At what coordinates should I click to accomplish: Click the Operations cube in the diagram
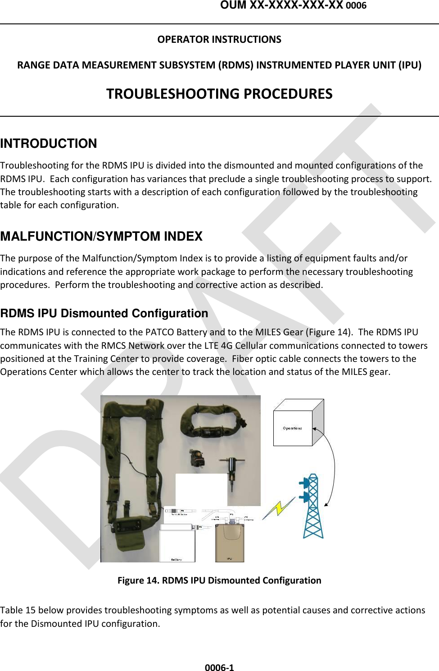coord(294,427)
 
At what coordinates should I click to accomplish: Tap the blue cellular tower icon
coord(312,507)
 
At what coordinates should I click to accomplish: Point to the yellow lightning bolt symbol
coord(279,508)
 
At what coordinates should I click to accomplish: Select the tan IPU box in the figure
coord(230,543)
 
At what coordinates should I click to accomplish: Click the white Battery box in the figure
coord(177,544)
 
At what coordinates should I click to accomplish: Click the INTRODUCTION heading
coord(49,143)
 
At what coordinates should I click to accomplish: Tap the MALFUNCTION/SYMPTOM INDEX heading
coord(101,236)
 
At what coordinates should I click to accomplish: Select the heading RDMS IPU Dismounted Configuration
coord(104,313)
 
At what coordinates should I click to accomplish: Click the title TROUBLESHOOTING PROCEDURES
coord(219,94)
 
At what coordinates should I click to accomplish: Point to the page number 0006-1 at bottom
coord(219,667)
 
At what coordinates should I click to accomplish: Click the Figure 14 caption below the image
coord(219,580)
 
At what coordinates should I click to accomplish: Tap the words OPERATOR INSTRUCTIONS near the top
coord(219,40)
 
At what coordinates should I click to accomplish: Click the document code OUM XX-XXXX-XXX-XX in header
coord(281,5)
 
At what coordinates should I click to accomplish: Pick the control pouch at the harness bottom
coord(128,532)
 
